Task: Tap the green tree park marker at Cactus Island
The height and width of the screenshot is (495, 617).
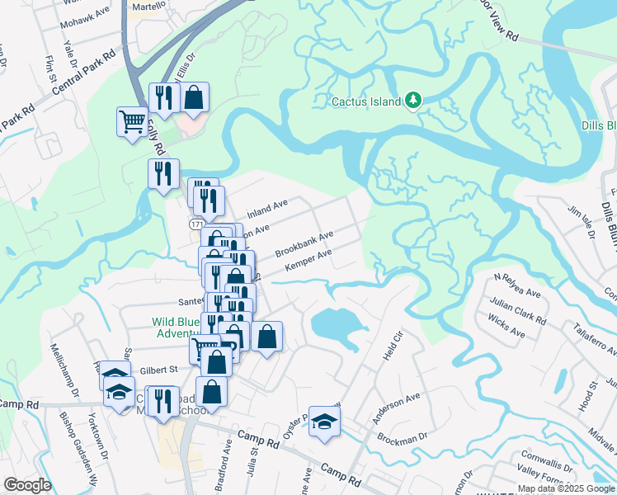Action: (413, 101)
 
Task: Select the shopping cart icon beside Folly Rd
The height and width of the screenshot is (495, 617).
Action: (132, 122)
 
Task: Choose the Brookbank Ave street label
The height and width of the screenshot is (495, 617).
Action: (304, 243)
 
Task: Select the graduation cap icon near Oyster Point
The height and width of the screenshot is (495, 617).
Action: (324, 421)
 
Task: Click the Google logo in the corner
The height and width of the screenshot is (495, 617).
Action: (27, 484)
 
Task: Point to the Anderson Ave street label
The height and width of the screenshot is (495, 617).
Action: (396, 409)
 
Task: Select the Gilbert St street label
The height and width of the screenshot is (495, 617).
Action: (159, 370)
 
